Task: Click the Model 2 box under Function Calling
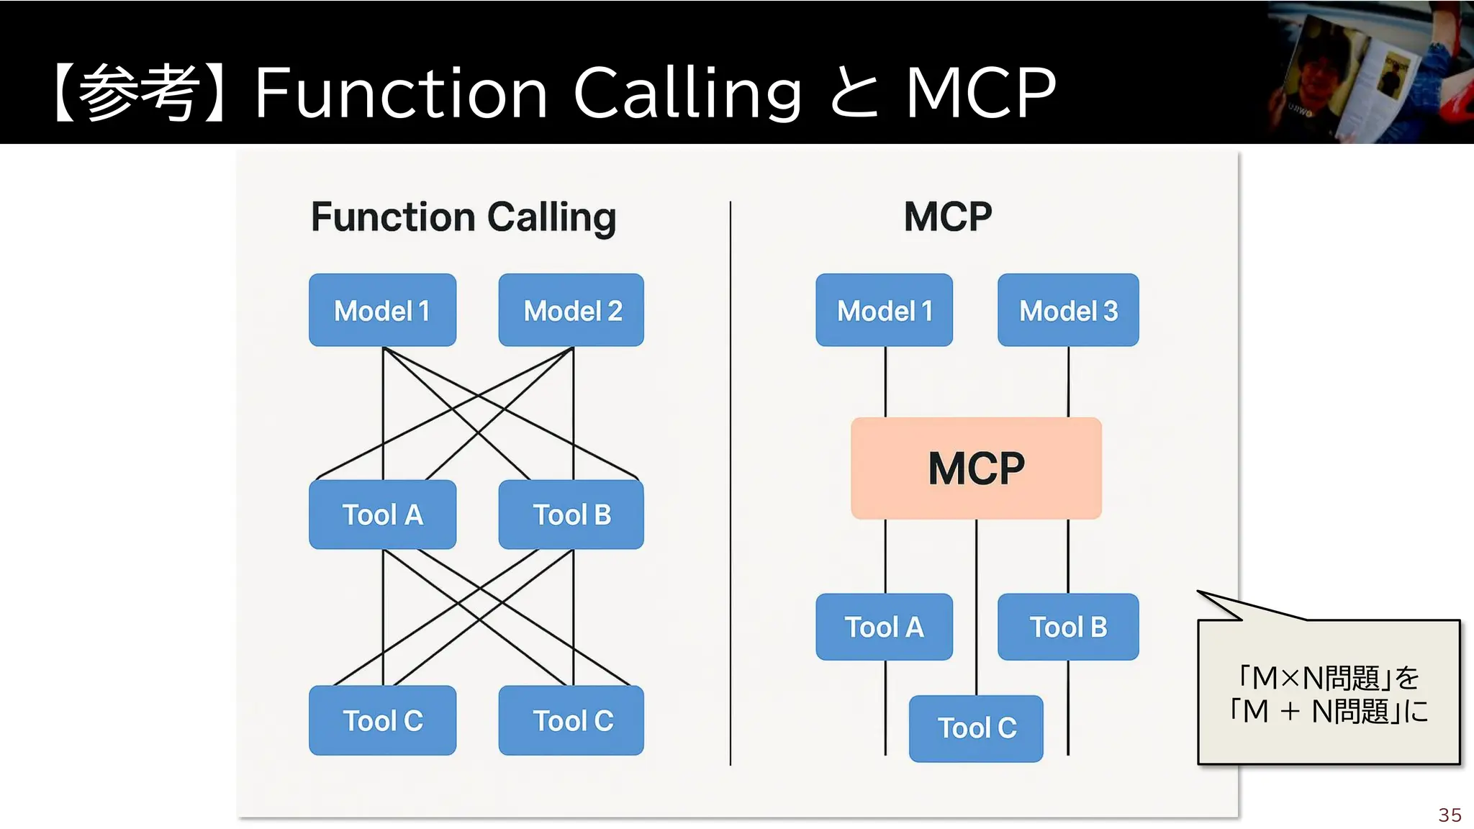tap(571, 310)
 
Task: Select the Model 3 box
tap(1068, 310)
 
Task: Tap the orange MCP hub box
tap(976, 468)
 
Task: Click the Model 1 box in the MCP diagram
tap(884, 310)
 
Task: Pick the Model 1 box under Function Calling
tap(382, 310)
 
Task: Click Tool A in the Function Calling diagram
tap(382, 515)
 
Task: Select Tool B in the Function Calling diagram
tap(571, 515)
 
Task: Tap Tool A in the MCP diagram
tap(884, 627)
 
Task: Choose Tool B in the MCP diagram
tap(1068, 627)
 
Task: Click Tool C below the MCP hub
tap(976, 728)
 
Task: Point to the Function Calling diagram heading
tap(464, 217)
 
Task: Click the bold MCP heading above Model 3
tap(948, 217)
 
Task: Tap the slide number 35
tap(1450, 815)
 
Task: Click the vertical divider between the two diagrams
tap(731, 482)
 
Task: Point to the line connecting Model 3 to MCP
tap(1068, 381)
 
